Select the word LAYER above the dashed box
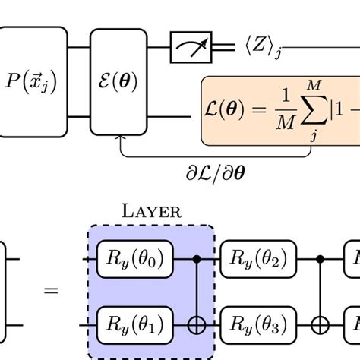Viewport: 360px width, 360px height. (151, 212)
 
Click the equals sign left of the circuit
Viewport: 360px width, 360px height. (51, 291)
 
